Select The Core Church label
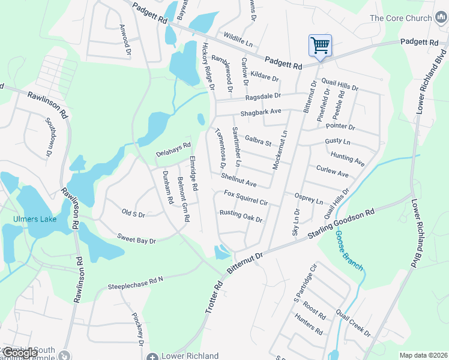tap(400, 18)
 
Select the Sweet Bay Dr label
tap(136, 239)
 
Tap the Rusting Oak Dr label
tap(241, 216)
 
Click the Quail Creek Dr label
tap(354, 323)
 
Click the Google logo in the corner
tap(19, 353)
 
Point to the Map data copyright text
tap(423, 355)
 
